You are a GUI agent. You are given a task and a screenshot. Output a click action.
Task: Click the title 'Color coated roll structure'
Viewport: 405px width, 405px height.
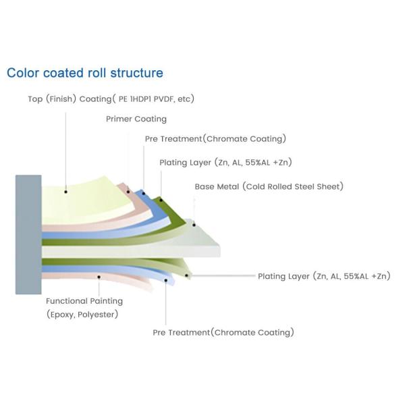click(x=84, y=73)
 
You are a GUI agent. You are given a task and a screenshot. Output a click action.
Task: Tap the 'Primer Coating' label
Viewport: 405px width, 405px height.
click(x=136, y=119)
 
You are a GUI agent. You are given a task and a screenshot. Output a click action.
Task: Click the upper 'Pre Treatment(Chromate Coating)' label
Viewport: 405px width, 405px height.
click(x=215, y=139)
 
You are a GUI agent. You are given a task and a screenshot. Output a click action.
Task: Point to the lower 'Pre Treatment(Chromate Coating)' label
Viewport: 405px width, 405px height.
click(x=223, y=332)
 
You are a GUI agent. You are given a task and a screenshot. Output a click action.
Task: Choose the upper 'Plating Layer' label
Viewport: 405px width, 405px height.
click(x=225, y=163)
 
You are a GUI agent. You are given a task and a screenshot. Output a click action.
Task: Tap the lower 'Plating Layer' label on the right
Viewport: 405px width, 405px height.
click(x=324, y=276)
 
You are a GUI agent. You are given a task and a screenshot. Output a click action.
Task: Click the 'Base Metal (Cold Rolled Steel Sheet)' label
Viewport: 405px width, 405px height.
click(x=269, y=186)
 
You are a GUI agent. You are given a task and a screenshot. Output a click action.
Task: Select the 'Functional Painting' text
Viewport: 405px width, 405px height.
click(x=84, y=301)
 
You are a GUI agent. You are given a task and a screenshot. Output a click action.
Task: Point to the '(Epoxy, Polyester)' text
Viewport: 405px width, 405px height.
click(x=82, y=315)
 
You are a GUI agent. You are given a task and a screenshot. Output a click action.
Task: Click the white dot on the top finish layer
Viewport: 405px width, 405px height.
click(x=65, y=191)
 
